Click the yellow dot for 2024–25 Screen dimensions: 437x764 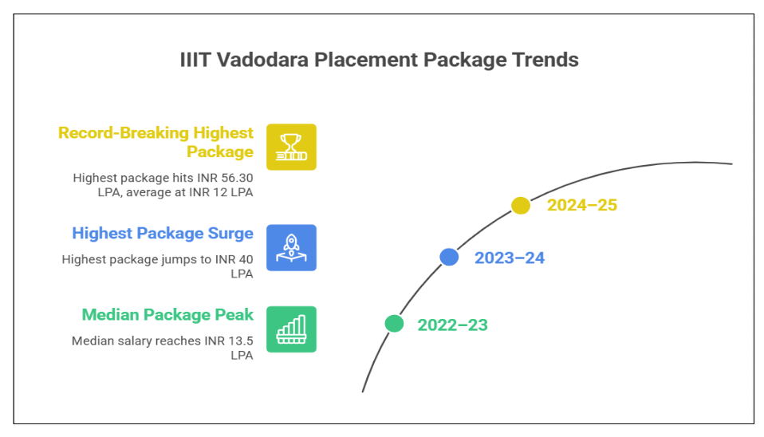(521, 206)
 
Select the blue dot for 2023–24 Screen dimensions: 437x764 (449, 257)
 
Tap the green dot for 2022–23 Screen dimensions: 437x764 (394, 324)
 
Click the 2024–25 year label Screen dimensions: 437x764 (582, 206)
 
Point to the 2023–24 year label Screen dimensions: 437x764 (510, 258)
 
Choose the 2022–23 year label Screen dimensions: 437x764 (452, 325)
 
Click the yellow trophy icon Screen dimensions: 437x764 (291, 147)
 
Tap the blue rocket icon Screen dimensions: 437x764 (291, 247)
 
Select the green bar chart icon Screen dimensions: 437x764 (291, 329)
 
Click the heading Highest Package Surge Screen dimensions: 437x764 (163, 234)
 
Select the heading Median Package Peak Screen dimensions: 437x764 (167, 315)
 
